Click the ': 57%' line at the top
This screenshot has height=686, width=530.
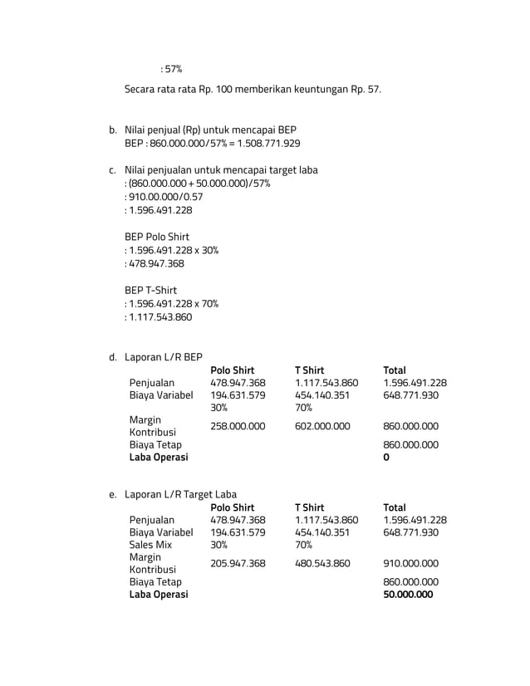pyautogui.click(x=171, y=68)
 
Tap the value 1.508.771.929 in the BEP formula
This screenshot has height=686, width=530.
pyautogui.click(x=268, y=144)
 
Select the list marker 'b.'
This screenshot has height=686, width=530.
pyautogui.click(x=112, y=130)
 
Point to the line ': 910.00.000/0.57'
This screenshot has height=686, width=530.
pyautogui.click(x=164, y=197)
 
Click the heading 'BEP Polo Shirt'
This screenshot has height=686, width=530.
pyautogui.click(x=157, y=237)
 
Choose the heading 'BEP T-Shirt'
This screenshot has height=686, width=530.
pyautogui.click(x=151, y=290)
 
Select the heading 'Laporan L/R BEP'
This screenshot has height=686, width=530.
pyautogui.click(x=164, y=357)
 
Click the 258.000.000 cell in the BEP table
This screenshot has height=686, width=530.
pyautogui.click(x=238, y=426)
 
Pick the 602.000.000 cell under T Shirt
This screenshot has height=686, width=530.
pyautogui.click(x=322, y=426)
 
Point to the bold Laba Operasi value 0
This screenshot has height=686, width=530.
pyautogui.click(x=386, y=458)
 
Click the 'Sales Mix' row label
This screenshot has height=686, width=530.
pyautogui.click(x=150, y=545)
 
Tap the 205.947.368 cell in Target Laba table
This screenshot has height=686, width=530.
pyautogui.click(x=238, y=563)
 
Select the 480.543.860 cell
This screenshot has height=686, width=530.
pyautogui.click(x=322, y=563)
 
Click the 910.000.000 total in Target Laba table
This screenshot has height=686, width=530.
pyautogui.click(x=410, y=563)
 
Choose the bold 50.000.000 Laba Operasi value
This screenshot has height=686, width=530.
pyautogui.click(x=408, y=595)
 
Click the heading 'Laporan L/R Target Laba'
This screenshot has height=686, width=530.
pyautogui.click(x=180, y=494)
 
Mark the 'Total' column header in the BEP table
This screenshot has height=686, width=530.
pyautogui.click(x=395, y=370)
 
